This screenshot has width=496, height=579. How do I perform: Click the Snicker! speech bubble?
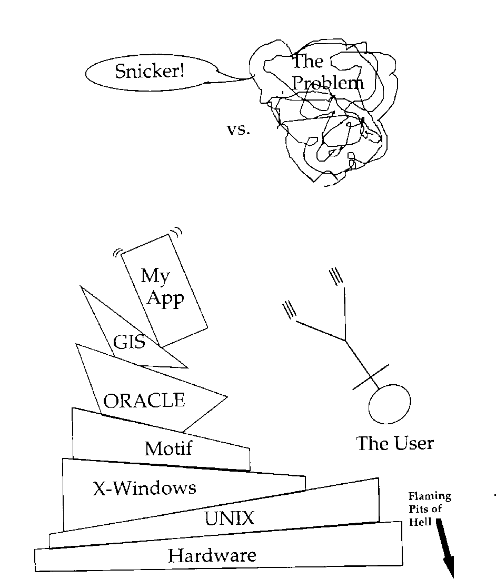point(150,71)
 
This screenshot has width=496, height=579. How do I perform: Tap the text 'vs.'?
point(238,129)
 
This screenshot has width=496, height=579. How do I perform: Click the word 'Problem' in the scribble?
point(328,83)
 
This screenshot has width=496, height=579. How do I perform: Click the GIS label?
point(129,342)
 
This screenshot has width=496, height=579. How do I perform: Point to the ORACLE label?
point(144,401)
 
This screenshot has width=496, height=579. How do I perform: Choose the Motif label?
point(168,448)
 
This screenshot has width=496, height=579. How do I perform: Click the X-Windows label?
point(144,488)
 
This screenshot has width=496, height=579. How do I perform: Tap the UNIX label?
point(229,520)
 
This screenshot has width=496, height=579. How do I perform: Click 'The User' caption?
point(395,443)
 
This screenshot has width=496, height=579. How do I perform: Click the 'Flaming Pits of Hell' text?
point(429,508)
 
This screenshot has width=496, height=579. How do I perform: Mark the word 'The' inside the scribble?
point(307,62)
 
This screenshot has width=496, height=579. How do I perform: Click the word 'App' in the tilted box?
point(165,300)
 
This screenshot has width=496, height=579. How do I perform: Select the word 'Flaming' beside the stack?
point(430,496)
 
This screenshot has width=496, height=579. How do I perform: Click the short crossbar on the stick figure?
point(371,377)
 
